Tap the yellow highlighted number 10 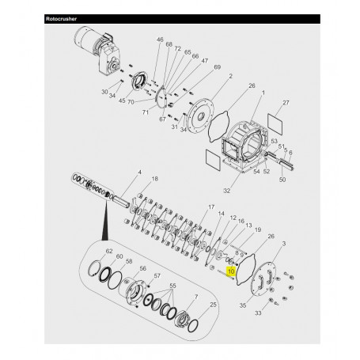231,271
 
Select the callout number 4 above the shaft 139,172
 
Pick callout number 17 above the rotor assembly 211,207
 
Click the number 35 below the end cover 242,304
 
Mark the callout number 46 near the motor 159,40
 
